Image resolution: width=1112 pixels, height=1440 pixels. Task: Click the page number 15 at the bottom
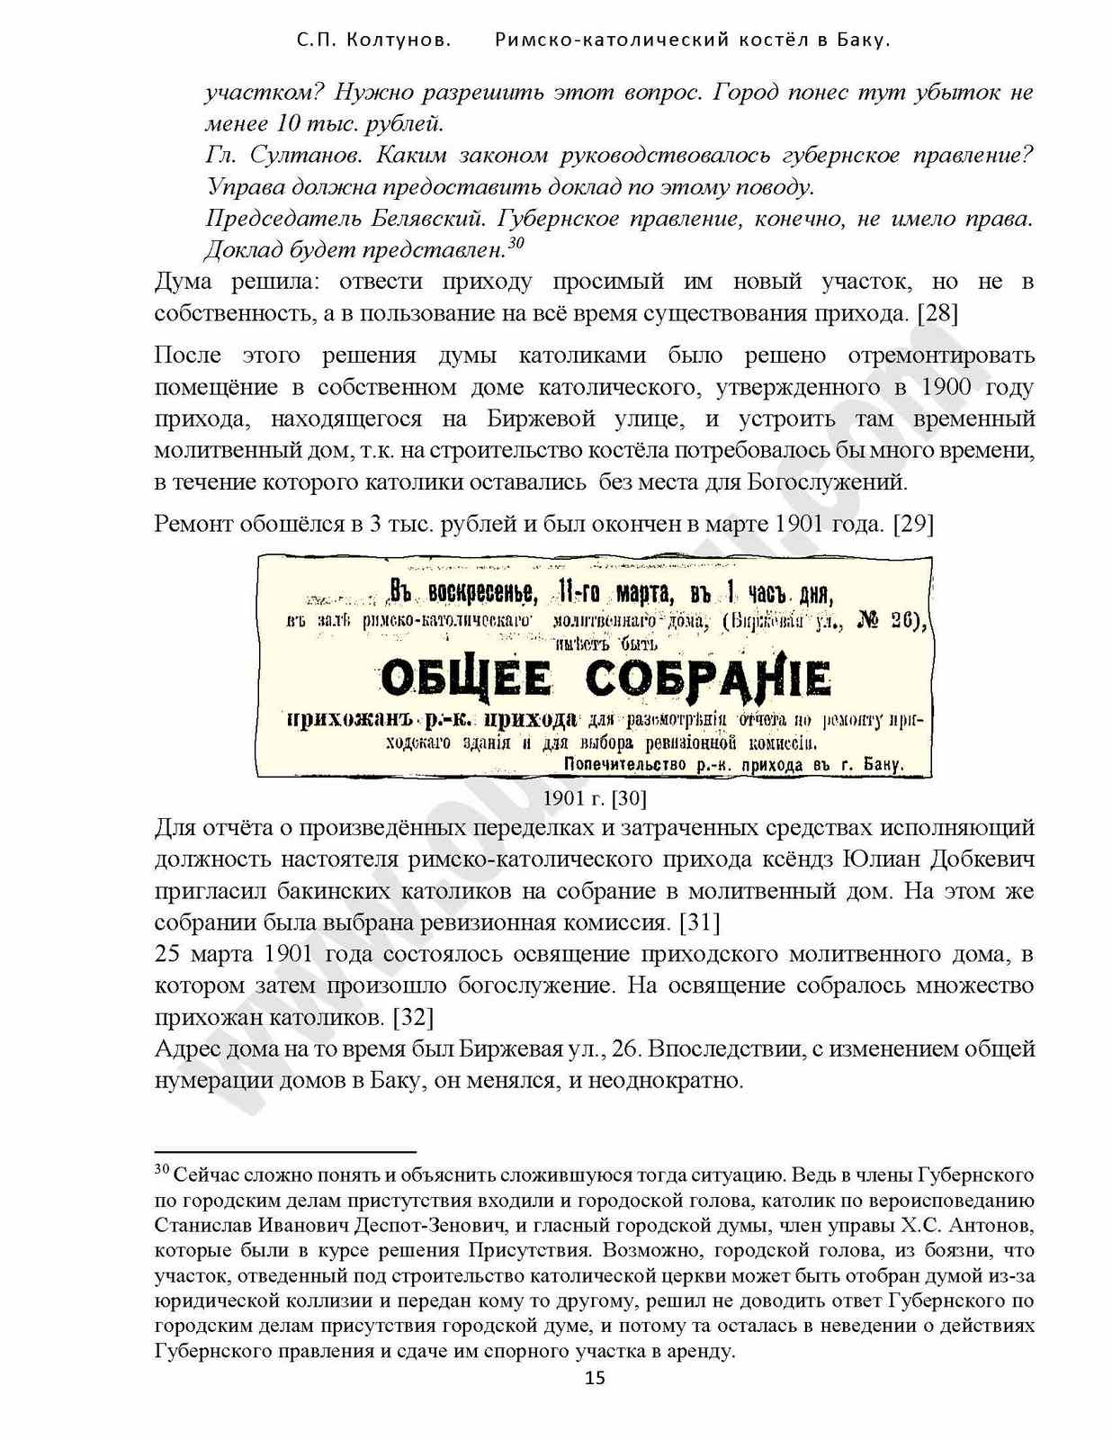coord(595,1377)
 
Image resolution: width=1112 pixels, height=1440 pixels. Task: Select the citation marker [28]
coord(937,313)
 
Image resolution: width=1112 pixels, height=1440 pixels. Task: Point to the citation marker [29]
coord(912,524)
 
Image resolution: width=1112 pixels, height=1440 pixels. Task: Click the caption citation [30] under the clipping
coord(628,798)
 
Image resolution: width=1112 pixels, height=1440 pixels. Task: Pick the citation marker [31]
coord(699,922)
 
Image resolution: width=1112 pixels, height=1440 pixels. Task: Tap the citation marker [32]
coord(413,1017)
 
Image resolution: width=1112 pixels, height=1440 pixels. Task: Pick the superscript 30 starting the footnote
coord(162,1169)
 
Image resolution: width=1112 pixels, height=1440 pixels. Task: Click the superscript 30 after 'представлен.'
coord(516,243)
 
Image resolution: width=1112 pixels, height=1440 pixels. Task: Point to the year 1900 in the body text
coord(946,387)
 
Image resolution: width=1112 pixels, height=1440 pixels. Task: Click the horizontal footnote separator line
coord(285,1151)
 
